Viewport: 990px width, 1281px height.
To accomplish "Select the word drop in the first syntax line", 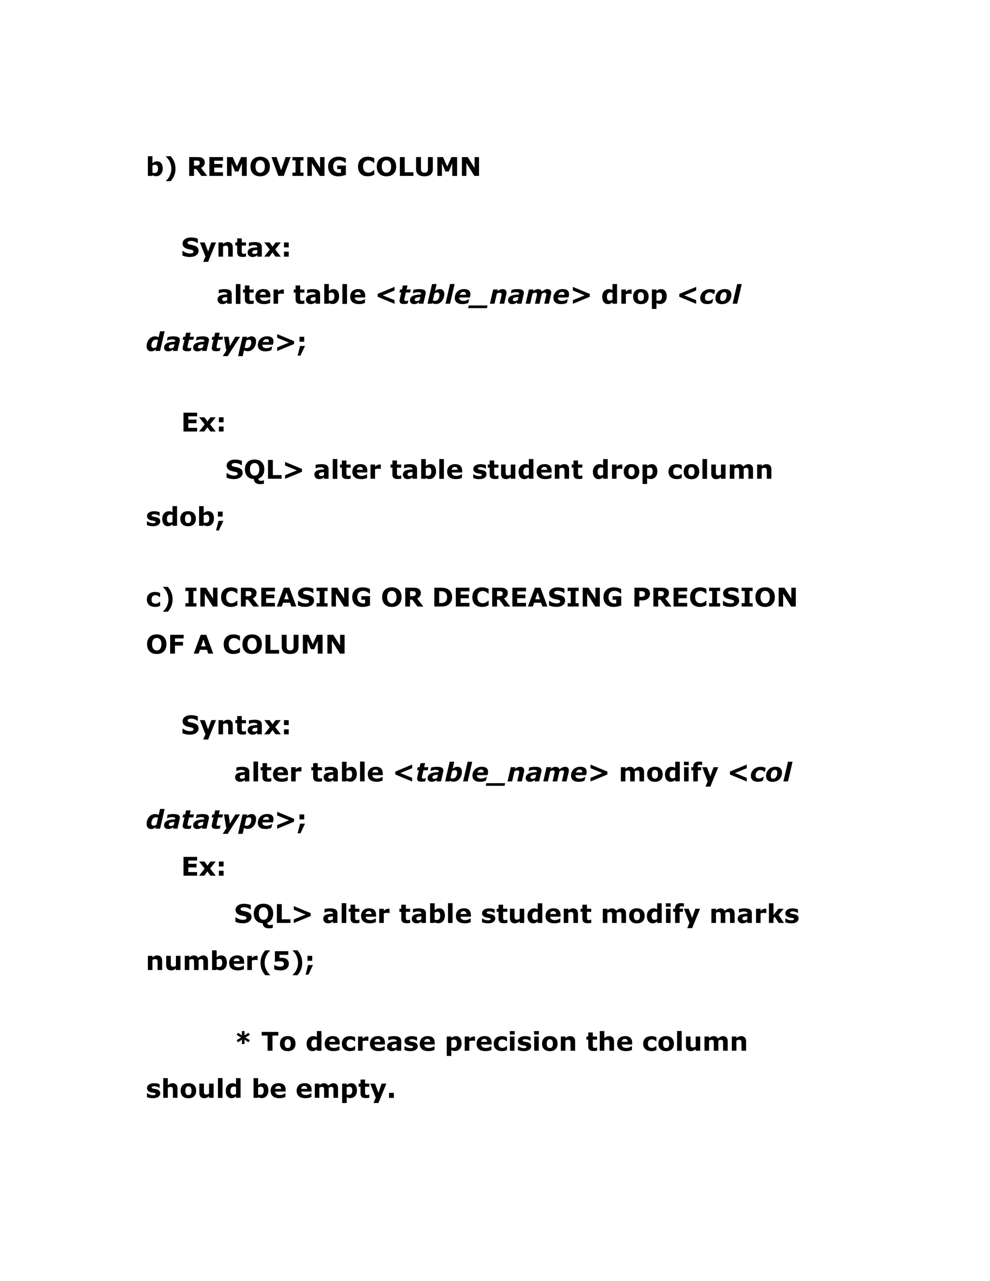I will [634, 295].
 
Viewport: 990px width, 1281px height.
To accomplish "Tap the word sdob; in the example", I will [185, 517].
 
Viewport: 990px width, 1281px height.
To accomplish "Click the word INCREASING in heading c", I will [277, 597].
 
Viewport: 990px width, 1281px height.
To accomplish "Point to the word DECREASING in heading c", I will [527, 597].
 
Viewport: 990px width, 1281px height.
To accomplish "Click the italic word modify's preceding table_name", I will [501, 773].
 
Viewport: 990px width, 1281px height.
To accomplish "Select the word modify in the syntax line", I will [668, 773].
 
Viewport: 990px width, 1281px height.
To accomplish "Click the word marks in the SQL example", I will [754, 915].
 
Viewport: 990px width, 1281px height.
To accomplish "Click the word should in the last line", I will [193, 1089].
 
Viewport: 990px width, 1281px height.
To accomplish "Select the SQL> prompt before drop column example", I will [264, 470].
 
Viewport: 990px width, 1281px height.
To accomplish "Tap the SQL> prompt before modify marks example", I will [273, 915].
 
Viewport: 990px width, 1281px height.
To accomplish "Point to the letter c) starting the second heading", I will [160, 597].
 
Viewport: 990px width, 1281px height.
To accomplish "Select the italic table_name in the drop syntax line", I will [483, 295].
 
